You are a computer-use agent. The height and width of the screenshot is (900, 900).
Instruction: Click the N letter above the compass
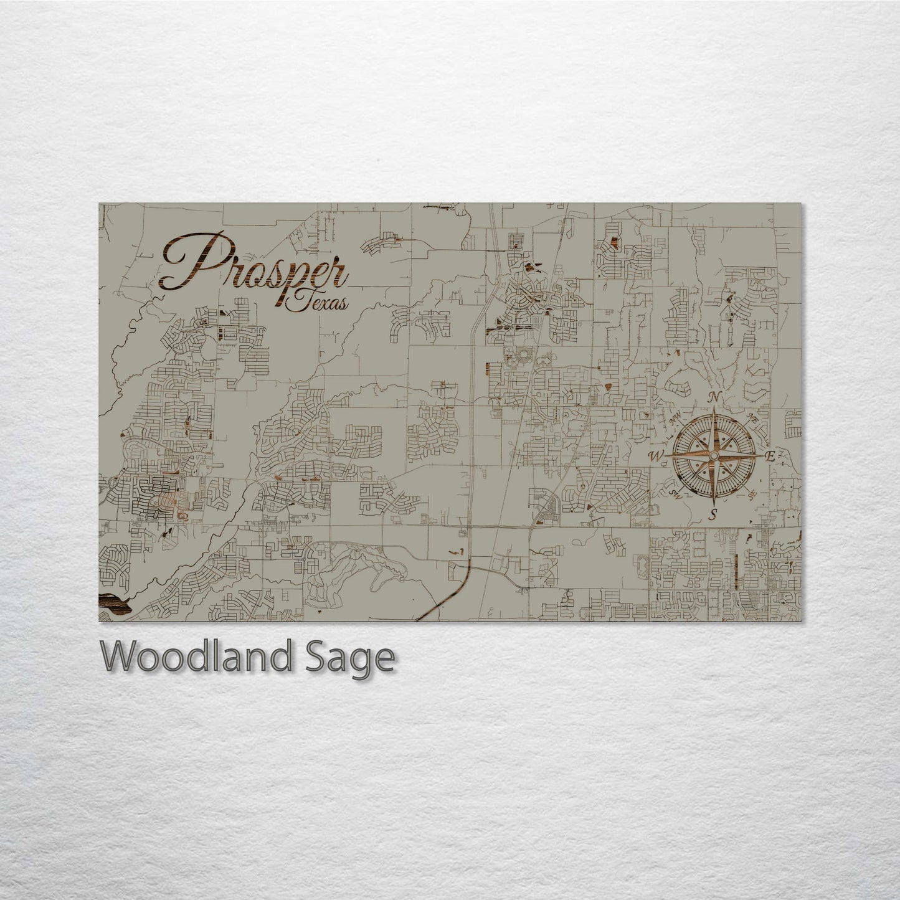point(718,397)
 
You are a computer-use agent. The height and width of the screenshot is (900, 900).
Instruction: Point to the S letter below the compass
point(714,514)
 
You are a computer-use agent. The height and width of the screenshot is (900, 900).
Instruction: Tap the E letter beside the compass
point(770,457)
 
